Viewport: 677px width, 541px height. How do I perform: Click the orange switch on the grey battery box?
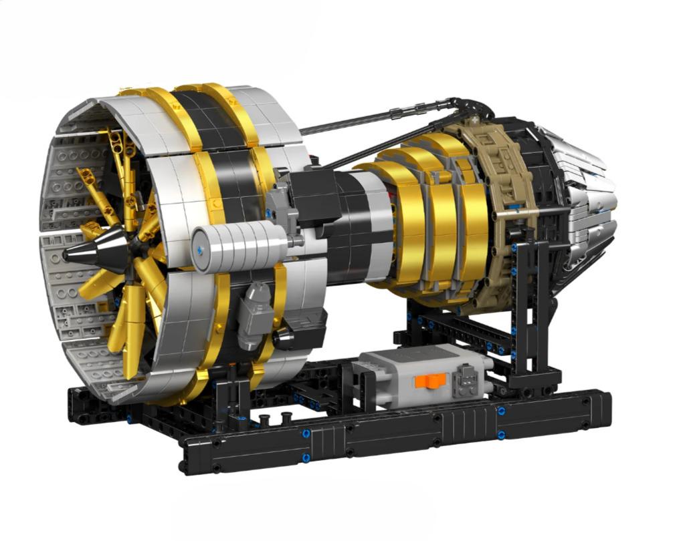click(x=429, y=380)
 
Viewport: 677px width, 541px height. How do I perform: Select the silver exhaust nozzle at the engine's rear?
click(x=589, y=200)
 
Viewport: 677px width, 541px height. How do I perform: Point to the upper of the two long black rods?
click(x=375, y=117)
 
